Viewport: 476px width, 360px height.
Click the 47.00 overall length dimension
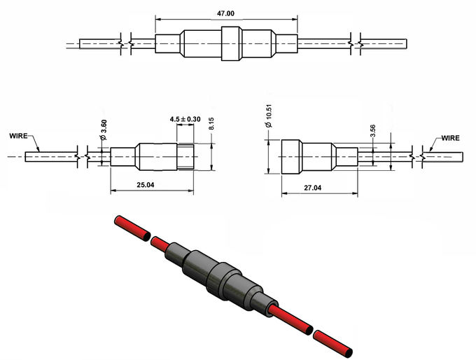[225, 14]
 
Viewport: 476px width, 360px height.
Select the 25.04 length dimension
[146, 185]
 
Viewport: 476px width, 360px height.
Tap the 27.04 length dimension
[313, 188]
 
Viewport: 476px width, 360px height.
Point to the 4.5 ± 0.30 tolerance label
[185, 119]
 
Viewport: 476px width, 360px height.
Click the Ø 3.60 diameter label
[104, 130]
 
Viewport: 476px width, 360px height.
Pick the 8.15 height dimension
[211, 124]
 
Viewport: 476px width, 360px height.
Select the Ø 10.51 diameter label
[269, 116]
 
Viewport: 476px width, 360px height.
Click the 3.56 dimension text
[373, 131]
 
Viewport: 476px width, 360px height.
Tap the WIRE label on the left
[18, 136]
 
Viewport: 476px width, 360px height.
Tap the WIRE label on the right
[451, 138]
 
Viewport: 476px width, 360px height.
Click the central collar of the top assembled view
[232, 43]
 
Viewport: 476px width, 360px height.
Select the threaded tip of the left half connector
[185, 157]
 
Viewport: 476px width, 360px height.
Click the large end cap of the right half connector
[290, 157]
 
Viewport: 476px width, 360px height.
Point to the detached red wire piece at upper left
[132, 228]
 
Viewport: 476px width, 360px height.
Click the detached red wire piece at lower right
[332, 344]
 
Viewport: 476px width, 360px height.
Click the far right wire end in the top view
[384, 43]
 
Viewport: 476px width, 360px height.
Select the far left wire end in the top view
[100, 43]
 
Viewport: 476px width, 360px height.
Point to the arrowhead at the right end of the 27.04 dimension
[355, 193]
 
